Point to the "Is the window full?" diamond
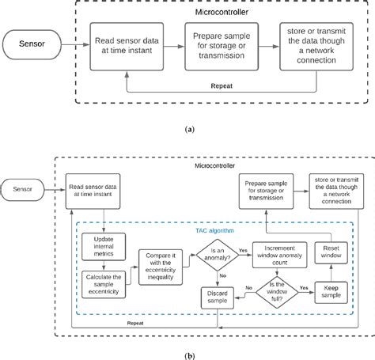tap(272, 290)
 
